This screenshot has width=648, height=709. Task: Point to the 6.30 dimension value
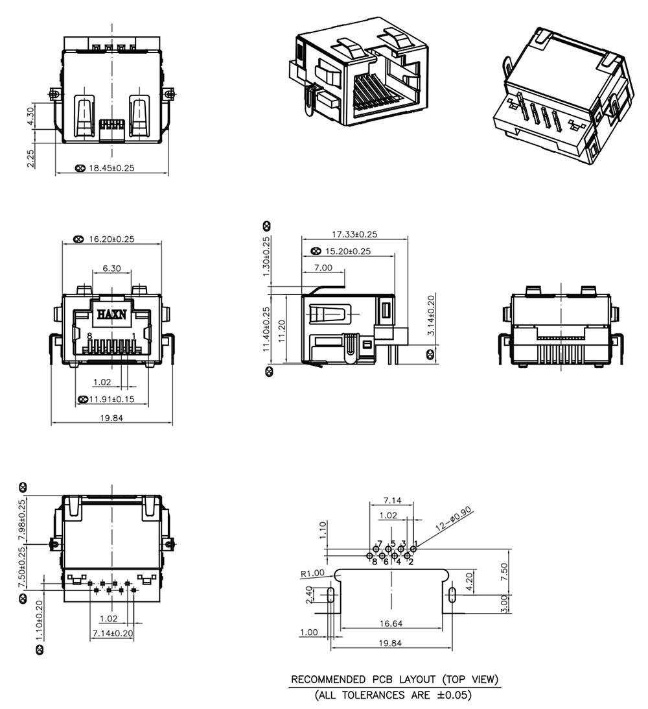112,268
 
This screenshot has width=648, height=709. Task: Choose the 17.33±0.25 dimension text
354,234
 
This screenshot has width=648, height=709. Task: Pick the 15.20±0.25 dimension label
348,251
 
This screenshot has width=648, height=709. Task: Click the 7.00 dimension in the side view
323,267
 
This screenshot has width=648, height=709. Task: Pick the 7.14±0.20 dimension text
112,632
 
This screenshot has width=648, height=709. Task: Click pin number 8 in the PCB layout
375,562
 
